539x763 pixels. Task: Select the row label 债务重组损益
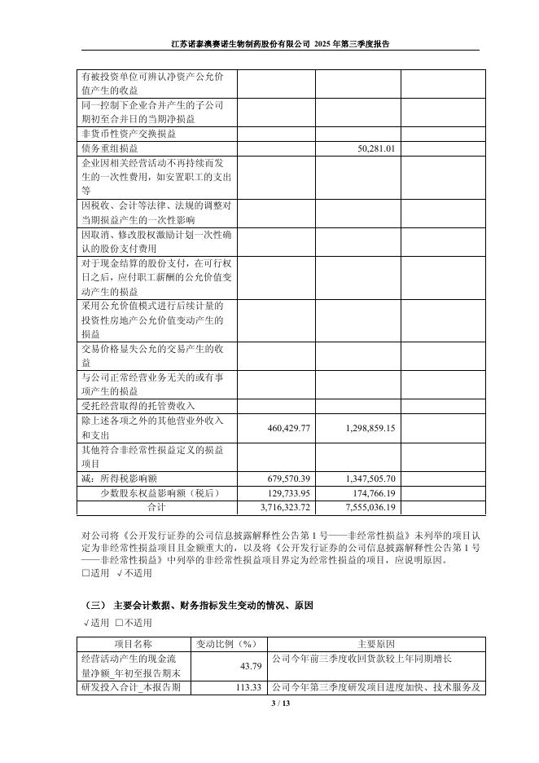pos(110,149)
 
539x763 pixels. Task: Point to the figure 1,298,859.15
pos(365,428)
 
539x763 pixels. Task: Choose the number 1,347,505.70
pos(365,479)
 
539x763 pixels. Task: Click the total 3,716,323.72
pos(285,508)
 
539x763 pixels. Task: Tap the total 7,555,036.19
pos(365,508)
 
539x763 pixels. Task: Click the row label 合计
pos(156,508)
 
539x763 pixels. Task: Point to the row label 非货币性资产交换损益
pos(128,134)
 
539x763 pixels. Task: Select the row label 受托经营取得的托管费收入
pos(138,405)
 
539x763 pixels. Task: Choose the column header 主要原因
pos(376,644)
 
